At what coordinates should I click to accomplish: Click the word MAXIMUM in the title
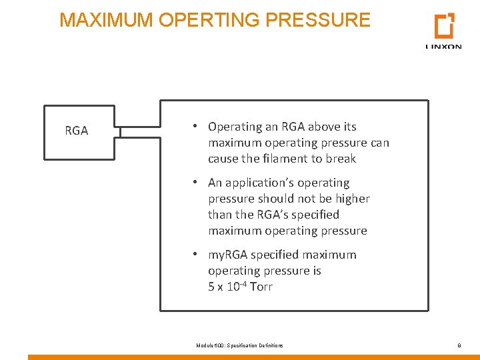click(107, 20)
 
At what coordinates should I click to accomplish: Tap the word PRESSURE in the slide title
click(317, 20)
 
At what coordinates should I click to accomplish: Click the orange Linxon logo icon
click(444, 25)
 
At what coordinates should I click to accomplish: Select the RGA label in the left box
click(77, 131)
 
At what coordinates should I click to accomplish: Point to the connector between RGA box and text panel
click(137, 131)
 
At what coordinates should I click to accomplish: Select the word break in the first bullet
click(341, 159)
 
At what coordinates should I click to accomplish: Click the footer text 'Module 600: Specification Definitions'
click(239, 345)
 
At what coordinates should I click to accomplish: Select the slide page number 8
click(459, 345)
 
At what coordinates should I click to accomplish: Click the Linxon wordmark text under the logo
click(443, 47)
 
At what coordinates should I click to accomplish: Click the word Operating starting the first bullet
click(235, 127)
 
